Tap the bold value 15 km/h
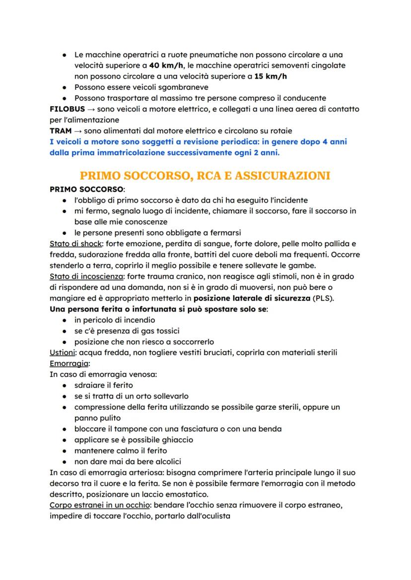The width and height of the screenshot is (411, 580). (x=271, y=76)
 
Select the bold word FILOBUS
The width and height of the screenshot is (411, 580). (x=67, y=109)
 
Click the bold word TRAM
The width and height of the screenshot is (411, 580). (x=61, y=131)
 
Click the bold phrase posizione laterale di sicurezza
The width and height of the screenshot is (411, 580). (x=251, y=299)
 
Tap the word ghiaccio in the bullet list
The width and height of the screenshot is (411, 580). (x=177, y=440)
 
